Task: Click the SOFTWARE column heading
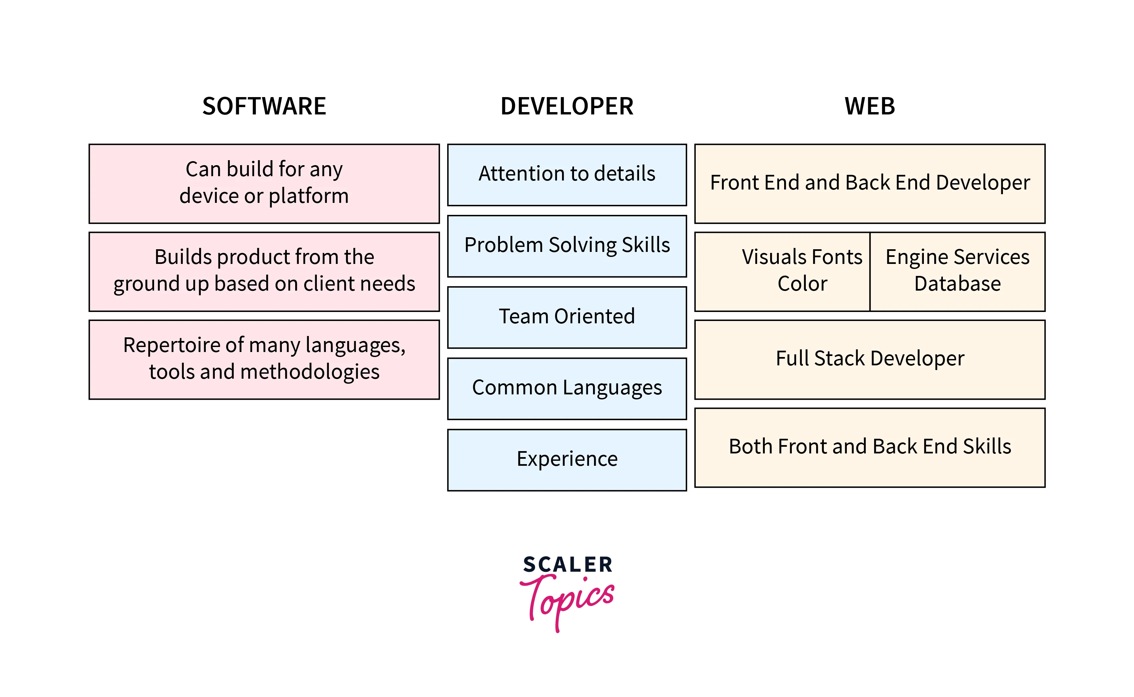pos(264,106)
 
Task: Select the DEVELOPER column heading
pos(567,106)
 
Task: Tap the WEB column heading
pos(870,106)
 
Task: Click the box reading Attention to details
pos(567,175)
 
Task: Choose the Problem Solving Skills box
pos(567,246)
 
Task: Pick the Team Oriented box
pos(567,317)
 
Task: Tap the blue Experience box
pos(567,459)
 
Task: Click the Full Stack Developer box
pos(870,359)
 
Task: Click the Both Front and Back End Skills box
pos(870,447)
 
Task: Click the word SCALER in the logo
pos(567,565)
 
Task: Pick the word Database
pos(957,284)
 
